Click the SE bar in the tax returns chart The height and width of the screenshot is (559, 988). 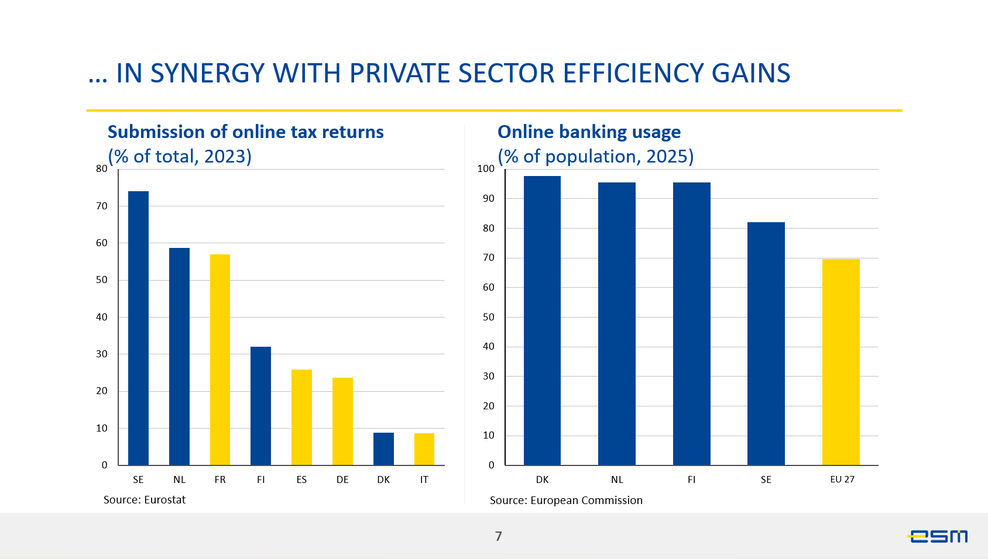pyautogui.click(x=138, y=328)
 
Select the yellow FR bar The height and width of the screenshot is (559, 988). pyautogui.click(x=220, y=360)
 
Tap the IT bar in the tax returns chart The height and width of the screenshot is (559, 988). pyautogui.click(x=424, y=449)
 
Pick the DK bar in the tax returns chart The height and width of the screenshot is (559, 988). pyautogui.click(x=383, y=449)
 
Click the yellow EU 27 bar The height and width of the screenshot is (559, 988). pyautogui.click(x=841, y=362)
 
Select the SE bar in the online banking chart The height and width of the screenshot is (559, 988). pyautogui.click(x=766, y=344)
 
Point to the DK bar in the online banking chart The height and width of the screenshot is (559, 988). pyautogui.click(x=542, y=320)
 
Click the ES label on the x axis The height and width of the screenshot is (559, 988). pyautogui.click(x=301, y=479)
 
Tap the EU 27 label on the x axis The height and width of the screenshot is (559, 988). pyautogui.click(x=842, y=479)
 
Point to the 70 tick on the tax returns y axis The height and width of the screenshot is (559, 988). pyautogui.click(x=102, y=206)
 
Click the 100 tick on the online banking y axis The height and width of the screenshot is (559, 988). pyautogui.click(x=486, y=169)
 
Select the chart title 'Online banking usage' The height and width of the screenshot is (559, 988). pyautogui.click(x=589, y=132)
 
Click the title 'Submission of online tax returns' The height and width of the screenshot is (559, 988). pyautogui.click(x=246, y=132)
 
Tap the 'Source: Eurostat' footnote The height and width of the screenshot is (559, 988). pyautogui.click(x=145, y=500)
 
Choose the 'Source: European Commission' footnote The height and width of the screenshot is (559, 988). pyautogui.click(x=566, y=501)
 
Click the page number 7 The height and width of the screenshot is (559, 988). pyautogui.click(x=498, y=536)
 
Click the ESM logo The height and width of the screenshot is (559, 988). pyautogui.click(x=937, y=536)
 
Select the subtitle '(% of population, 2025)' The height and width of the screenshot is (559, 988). pyautogui.click(x=595, y=157)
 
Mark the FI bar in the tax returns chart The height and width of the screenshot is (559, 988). pyautogui.click(x=260, y=406)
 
